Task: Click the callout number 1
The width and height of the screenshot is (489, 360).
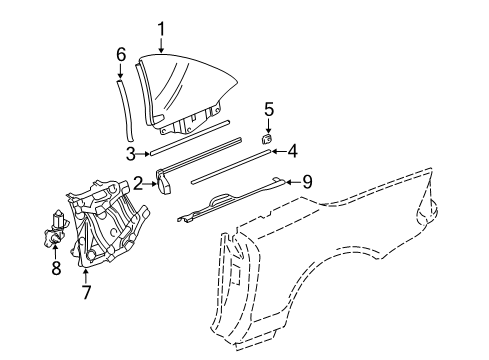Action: click(161, 30)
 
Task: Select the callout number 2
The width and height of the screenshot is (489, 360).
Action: click(139, 183)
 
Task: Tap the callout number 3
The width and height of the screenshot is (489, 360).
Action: click(131, 154)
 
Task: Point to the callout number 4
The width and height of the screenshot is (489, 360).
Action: click(292, 151)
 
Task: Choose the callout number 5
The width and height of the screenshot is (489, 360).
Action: click(269, 110)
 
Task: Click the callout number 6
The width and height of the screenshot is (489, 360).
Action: click(121, 55)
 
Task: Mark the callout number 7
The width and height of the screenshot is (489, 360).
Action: click(86, 292)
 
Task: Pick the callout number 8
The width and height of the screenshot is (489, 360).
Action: click(56, 268)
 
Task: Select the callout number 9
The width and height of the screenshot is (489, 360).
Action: click(307, 182)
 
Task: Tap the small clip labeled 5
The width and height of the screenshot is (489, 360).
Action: click(266, 138)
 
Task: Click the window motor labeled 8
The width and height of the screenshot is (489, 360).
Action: click(55, 229)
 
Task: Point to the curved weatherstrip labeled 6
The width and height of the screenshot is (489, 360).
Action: click(127, 110)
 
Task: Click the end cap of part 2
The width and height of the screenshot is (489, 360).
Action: click(163, 183)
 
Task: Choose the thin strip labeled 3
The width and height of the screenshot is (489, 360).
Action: click(190, 137)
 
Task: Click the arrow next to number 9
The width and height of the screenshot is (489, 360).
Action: click(292, 182)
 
